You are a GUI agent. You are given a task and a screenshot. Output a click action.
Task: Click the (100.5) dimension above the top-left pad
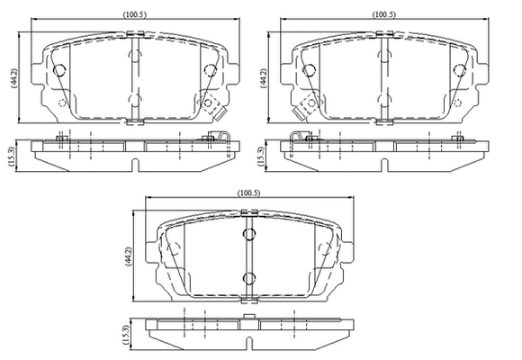[x=135, y=14]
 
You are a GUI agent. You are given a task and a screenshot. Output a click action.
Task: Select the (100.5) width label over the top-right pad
[x=384, y=14]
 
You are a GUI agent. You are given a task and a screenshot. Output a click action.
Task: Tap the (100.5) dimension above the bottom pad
[x=248, y=193]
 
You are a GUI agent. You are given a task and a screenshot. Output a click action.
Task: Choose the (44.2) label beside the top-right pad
[x=264, y=78]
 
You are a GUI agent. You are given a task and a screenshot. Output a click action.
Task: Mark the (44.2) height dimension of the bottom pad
[x=128, y=256]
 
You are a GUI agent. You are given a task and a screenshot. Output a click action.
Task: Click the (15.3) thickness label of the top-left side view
[x=13, y=156]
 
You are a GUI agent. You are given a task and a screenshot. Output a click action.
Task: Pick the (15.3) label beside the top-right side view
[x=262, y=156]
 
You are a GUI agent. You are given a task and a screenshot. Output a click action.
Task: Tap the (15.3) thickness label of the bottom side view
[x=125, y=335]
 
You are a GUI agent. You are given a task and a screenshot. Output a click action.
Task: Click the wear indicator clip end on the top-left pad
[x=220, y=114]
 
